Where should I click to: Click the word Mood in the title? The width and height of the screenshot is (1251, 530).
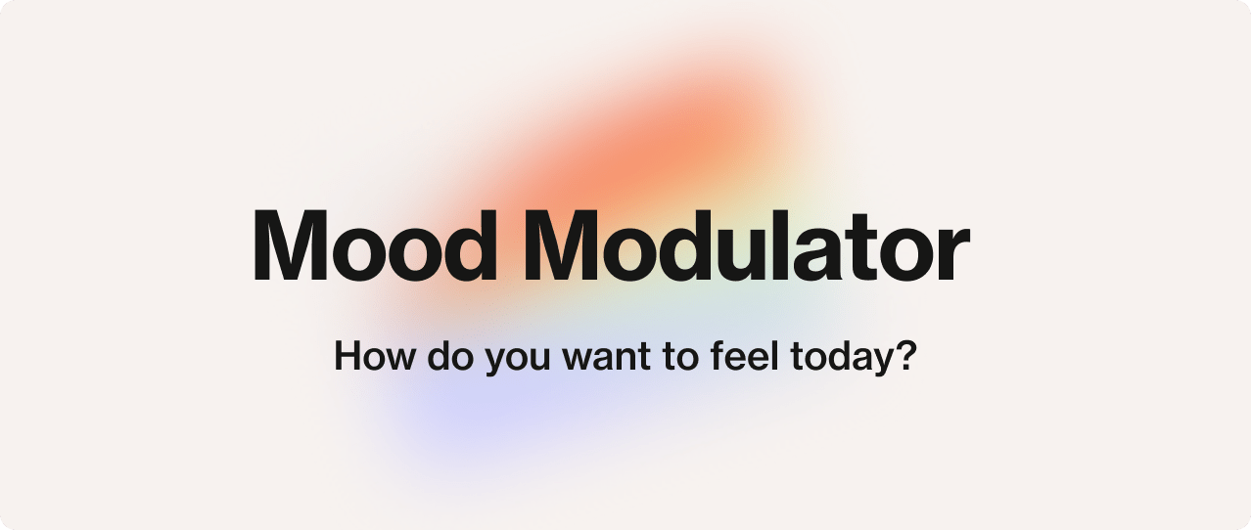(x=374, y=244)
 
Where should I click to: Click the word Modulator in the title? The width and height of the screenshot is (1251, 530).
(x=746, y=244)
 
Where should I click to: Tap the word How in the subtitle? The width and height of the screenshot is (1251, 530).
(x=374, y=355)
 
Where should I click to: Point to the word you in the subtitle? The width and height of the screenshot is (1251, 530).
(x=518, y=361)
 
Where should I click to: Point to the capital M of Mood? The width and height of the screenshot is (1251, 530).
(x=291, y=244)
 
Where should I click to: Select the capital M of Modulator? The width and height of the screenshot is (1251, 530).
(x=560, y=244)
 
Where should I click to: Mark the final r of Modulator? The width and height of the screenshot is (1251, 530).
(x=952, y=253)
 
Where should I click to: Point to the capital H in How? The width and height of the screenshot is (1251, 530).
(x=347, y=355)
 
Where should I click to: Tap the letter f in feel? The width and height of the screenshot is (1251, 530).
(x=718, y=355)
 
